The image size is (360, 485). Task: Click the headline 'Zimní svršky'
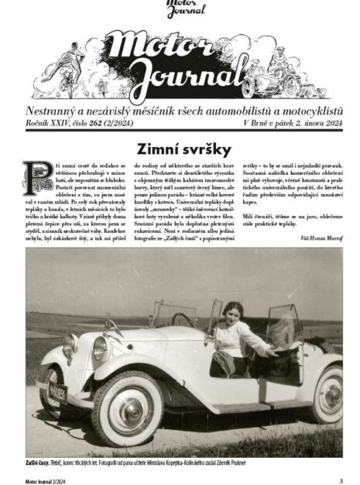coord(180,148)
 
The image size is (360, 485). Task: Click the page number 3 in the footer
coord(341,480)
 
